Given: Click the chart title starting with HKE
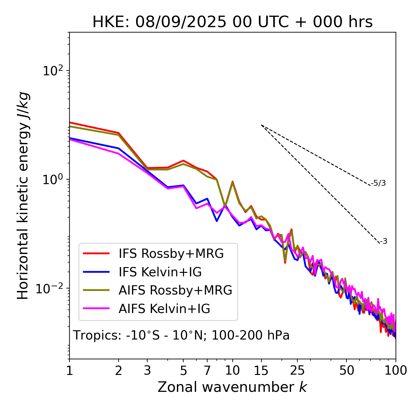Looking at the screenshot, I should point(232,22).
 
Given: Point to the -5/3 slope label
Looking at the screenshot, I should point(379,183).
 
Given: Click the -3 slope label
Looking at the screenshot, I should point(384,242).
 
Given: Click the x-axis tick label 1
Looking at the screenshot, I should point(69,370).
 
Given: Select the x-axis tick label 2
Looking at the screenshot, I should point(119,370).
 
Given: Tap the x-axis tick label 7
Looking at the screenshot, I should point(207,370).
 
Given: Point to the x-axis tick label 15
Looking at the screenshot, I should point(261,370).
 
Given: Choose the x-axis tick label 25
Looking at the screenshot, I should point(297,370).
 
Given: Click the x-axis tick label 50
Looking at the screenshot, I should point(346,370).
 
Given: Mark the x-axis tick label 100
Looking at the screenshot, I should point(395,370).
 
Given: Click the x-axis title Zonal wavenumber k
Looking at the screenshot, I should point(232,387).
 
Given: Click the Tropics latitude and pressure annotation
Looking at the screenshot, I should point(181,336).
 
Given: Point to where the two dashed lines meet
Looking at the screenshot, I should point(261,125).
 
